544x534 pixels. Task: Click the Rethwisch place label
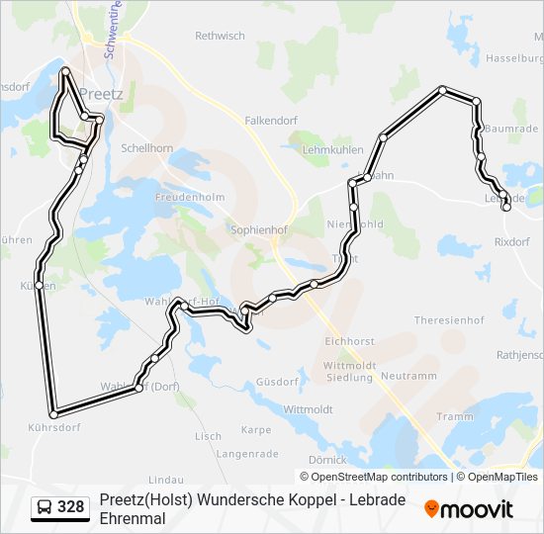[x=220, y=36]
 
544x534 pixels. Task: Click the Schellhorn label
[x=146, y=147]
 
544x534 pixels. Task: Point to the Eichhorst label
[x=348, y=340]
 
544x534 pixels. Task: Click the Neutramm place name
[x=408, y=377]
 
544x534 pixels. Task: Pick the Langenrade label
[x=243, y=454]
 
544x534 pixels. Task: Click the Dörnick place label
[x=327, y=460]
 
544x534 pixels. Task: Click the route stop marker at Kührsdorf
[x=52, y=413]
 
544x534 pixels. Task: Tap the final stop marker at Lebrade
[x=506, y=207]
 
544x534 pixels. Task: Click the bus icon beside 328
[x=45, y=507]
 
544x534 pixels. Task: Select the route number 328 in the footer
[x=71, y=507]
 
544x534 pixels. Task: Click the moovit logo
[x=469, y=509]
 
